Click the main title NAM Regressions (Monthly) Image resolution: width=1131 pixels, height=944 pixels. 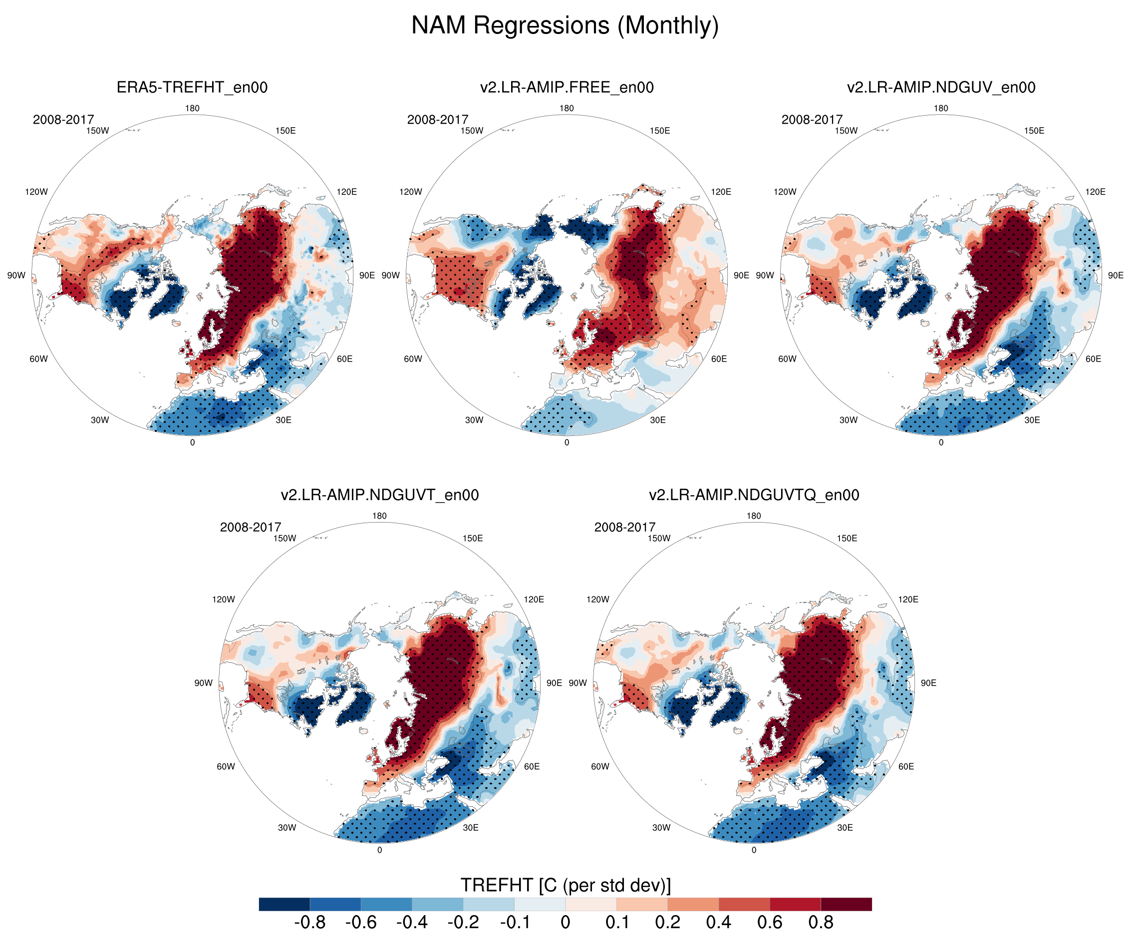(565, 25)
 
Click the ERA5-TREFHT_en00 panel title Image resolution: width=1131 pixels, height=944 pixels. (192, 87)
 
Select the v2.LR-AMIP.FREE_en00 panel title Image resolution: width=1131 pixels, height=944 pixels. (566, 87)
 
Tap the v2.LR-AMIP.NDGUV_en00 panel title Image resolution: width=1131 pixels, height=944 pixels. (941, 87)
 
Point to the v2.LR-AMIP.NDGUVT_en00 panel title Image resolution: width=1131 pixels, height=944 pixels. (379, 495)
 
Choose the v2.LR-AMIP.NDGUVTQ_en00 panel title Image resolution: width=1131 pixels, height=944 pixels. (754, 495)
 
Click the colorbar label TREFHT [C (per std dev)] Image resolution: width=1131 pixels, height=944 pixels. (565, 885)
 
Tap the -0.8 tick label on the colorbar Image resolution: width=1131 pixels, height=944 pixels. (309, 923)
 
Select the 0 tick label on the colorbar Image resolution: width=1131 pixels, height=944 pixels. (565, 923)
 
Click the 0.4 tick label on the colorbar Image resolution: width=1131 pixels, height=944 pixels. (718, 923)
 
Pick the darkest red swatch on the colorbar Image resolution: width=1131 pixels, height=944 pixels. (846, 904)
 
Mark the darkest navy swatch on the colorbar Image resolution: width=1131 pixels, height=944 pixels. (284, 904)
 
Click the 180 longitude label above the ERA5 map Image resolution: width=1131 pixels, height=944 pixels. (192, 108)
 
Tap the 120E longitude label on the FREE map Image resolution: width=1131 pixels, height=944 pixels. (721, 191)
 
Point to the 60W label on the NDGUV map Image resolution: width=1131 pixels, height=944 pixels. (787, 359)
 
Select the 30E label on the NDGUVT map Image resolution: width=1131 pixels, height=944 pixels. (470, 828)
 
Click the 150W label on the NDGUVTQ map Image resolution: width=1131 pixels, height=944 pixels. (659, 538)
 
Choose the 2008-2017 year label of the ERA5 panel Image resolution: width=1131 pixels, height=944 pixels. (63, 120)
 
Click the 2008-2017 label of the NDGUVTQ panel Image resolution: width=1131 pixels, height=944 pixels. (625, 527)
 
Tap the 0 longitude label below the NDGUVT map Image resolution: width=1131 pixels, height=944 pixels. (379, 850)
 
